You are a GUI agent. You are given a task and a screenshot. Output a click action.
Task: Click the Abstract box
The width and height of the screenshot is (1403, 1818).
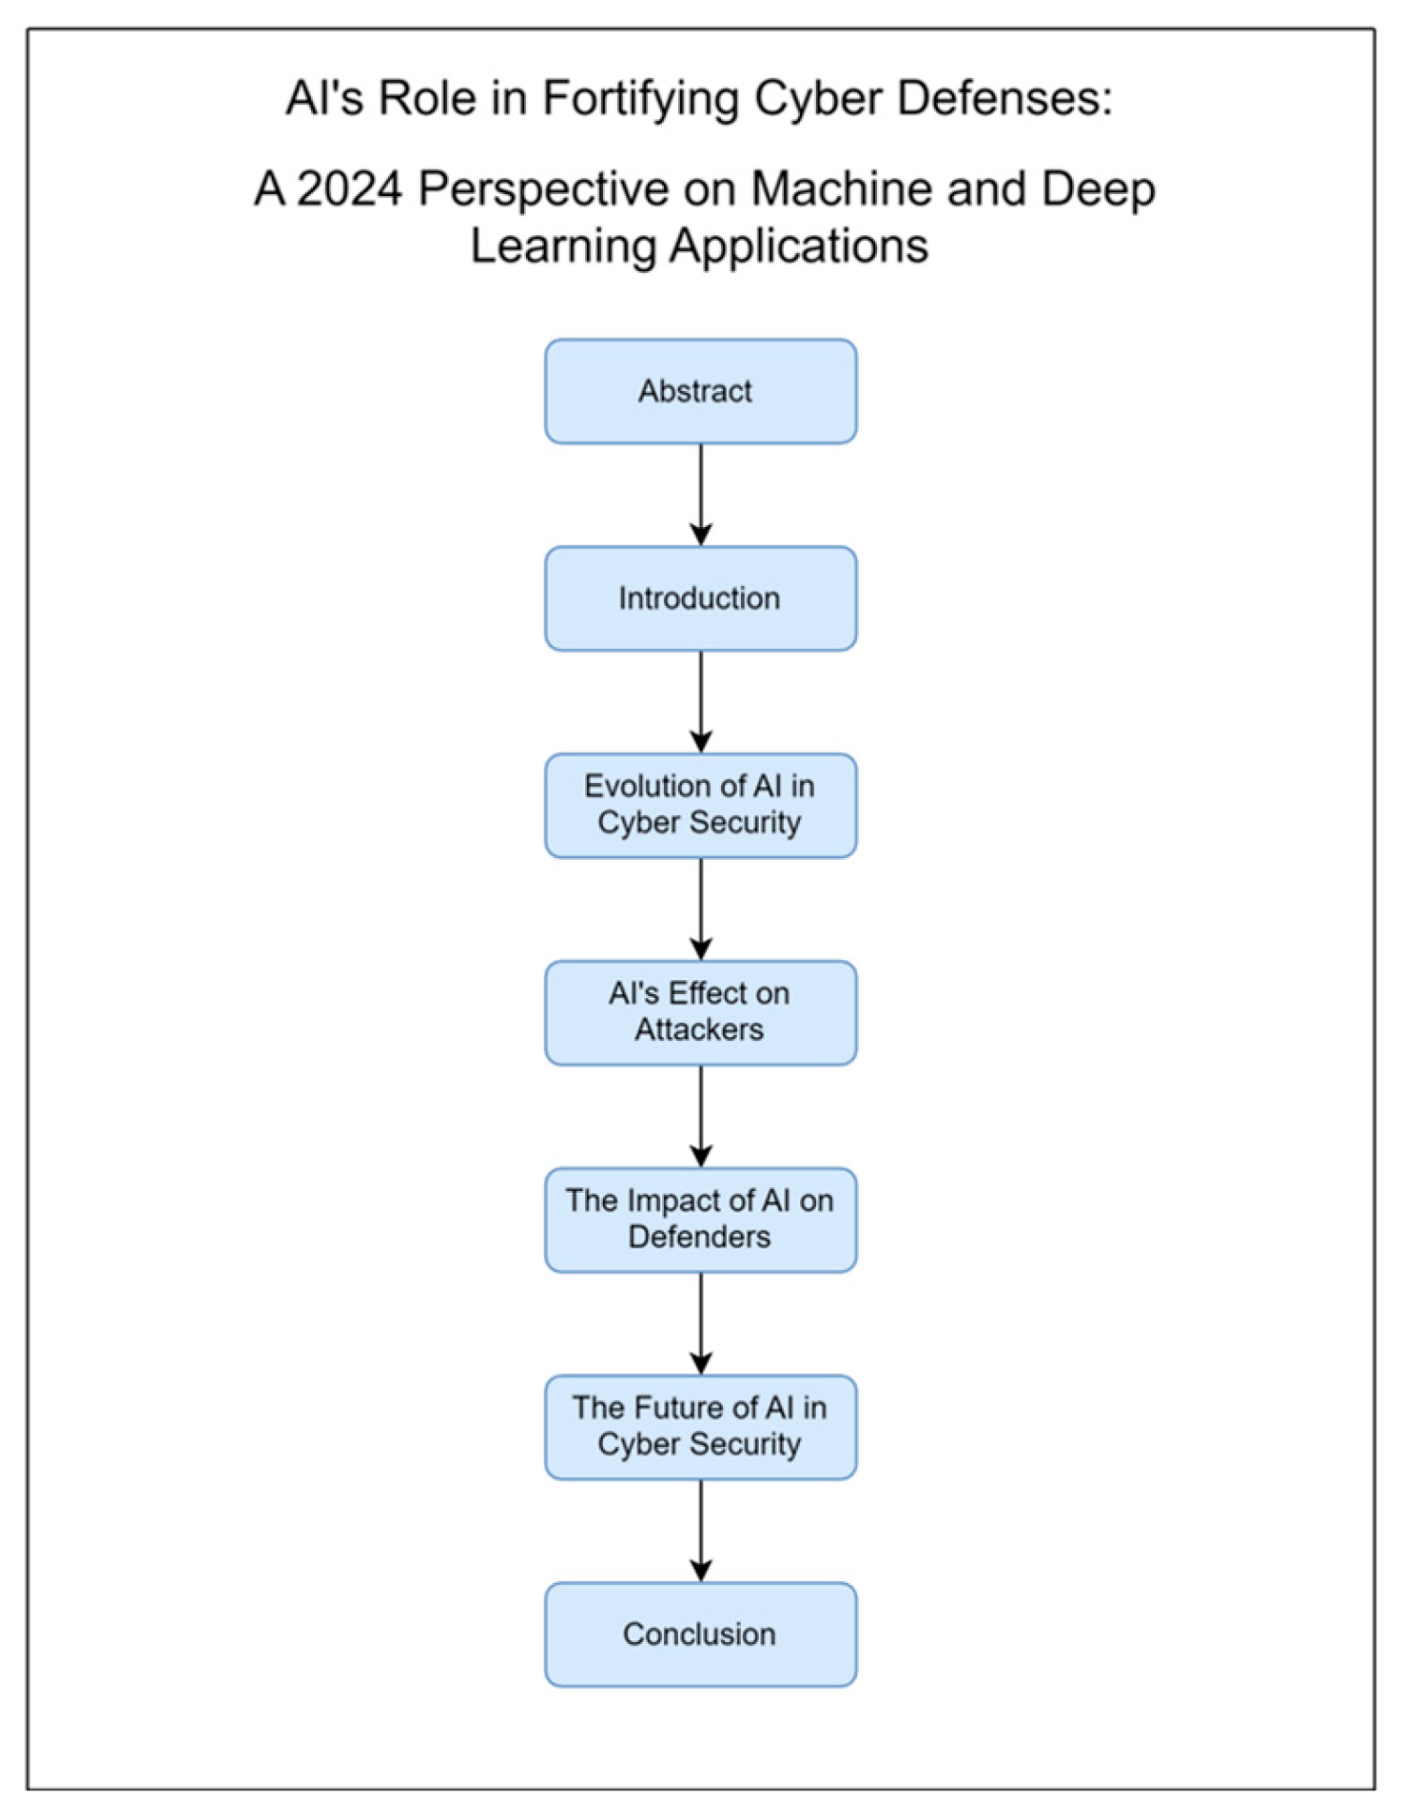tap(700, 391)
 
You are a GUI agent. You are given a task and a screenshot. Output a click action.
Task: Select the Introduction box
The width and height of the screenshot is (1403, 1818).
tap(700, 598)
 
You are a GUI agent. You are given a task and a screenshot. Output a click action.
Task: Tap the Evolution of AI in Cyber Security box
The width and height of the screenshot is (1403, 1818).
tap(700, 805)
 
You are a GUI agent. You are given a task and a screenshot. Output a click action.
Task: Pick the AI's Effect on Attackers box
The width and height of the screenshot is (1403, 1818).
tap(700, 1012)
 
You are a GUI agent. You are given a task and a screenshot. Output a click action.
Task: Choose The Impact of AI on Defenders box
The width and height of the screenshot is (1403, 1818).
tap(700, 1220)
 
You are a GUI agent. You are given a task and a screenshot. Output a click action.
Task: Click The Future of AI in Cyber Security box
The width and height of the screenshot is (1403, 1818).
tap(700, 1426)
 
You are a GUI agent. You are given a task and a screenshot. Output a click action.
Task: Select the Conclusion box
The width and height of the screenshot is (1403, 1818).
tap(700, 1634)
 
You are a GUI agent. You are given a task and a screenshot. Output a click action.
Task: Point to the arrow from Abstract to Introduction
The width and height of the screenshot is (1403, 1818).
tap(701, 495)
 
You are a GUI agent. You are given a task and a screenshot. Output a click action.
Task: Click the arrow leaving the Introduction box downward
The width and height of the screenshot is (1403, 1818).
tap(701, 702)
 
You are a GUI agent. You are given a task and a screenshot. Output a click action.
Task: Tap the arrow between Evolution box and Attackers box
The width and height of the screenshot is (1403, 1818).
tap(701, 909)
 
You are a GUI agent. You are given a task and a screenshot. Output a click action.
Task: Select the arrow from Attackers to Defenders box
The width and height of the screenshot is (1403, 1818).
tap(701, 1116)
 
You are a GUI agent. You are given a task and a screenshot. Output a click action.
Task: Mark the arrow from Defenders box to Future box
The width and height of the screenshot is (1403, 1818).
tap(701, 1323)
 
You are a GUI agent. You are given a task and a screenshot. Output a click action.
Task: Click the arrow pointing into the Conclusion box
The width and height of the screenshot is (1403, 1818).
tap(701, 1531)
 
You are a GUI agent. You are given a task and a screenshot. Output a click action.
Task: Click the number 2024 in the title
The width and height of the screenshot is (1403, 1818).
tap(350, 188)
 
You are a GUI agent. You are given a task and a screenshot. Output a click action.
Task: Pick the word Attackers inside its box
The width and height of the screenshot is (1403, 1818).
tap(699, 1030)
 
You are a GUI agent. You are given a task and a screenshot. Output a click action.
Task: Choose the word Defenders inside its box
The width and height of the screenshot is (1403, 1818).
tap(699, 1238)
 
